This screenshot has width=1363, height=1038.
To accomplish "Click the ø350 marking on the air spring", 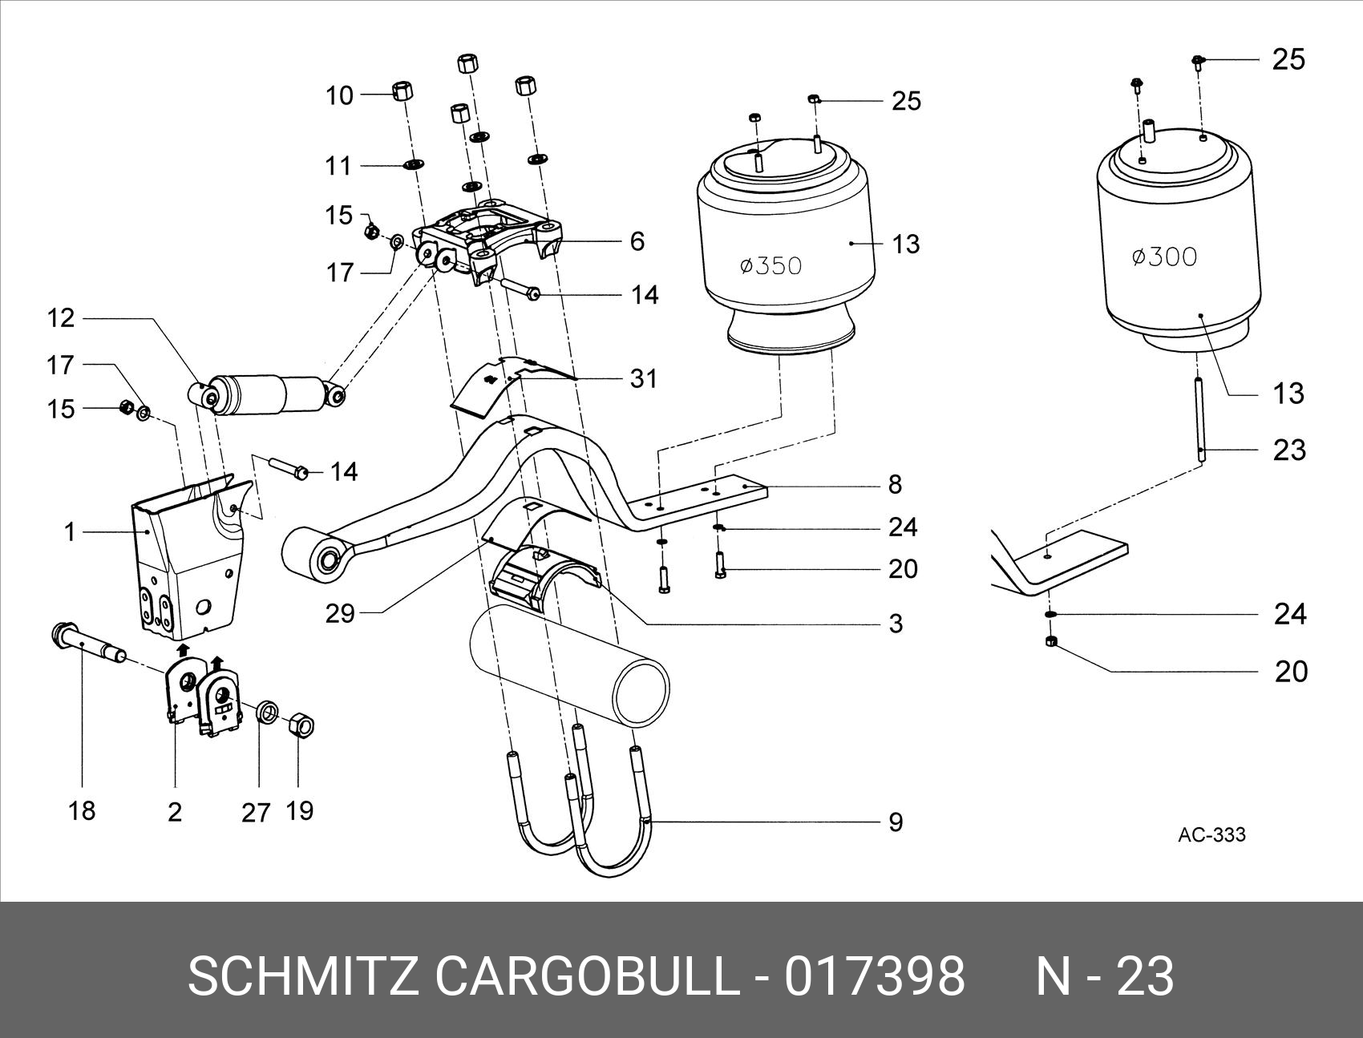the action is (x=770, y=265).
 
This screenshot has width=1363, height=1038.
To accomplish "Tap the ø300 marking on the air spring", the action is (x=1164, y=256).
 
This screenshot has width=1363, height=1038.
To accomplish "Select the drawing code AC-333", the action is (x=1211, y=834).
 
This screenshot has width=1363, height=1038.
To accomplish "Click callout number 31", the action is (x=643, y=378).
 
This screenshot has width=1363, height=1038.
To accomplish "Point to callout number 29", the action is (x=340, y=614).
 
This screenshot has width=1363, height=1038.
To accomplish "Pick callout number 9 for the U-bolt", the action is (x=896, y=822).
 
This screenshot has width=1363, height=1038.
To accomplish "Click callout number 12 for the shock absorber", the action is (x=61, y=318).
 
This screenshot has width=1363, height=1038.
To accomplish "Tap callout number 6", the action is (x=637, y=241).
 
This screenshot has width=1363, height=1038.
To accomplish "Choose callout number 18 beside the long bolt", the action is (x=82, y=811).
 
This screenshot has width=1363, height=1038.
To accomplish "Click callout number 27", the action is (x=256, y=813).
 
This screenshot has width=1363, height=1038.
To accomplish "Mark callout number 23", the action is (x=1289, y=450).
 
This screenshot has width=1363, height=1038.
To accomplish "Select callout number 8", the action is (x=896, y=484).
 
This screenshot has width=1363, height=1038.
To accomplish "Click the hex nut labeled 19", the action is (x=300, y=725).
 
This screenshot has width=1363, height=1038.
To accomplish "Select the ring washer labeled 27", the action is (x=268, y=712).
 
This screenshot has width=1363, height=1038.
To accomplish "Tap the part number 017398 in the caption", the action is (x=874, y=976).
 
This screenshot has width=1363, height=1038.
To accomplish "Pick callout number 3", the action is (x=896, y=623).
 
